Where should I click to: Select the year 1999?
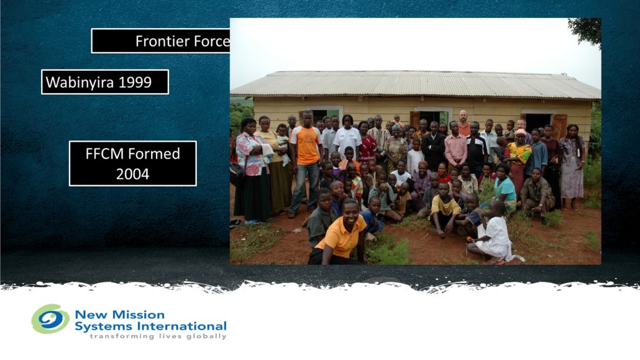point(135,83)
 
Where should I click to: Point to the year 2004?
point(132,175)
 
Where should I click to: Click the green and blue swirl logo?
point(50,319)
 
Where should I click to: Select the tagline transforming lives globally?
point(158,336)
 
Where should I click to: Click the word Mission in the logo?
point(139,315)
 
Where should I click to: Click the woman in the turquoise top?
point(505,187)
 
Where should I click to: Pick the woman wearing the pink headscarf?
point(518,159)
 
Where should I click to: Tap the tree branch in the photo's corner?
point(587,30)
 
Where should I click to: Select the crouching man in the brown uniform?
point(537,194)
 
